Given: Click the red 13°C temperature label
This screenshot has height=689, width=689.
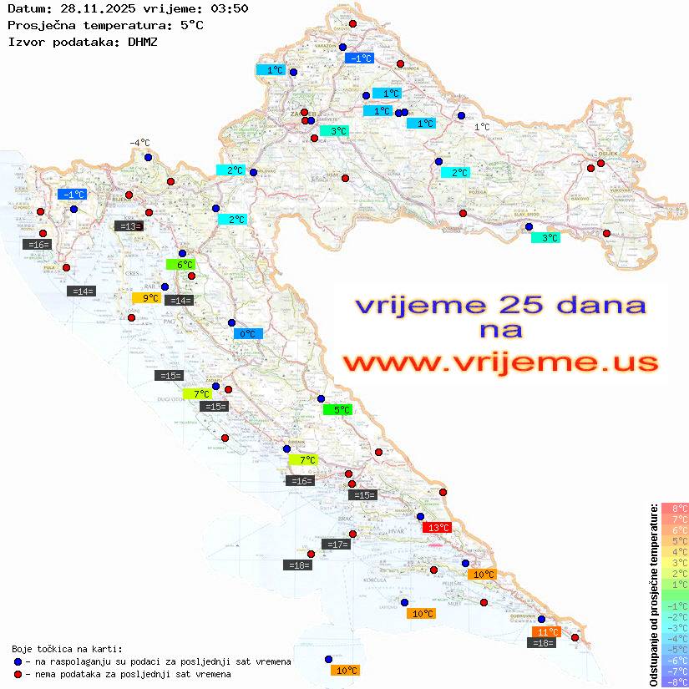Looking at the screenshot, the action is pyautogui.click(x=437, y=528).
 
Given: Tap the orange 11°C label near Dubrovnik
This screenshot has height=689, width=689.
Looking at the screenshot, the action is pyautogui.click(x=546, y=632).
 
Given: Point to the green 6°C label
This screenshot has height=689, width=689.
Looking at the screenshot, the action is pyautogui.click(x=180, y=265).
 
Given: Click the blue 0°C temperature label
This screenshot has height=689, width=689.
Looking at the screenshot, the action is pyautogui.click(x=248, y=334).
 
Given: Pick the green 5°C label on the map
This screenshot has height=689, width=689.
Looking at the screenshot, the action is pyautogui.click(x=337, y=410).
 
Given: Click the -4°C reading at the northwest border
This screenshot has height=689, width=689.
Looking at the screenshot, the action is pyautogui.click(x=139, y=143).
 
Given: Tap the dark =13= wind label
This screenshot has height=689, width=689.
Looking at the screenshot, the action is pyautogui.click(x=129, y=226).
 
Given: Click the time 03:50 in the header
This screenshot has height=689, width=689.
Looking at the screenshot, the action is pyautogui.click(x=231, y=8).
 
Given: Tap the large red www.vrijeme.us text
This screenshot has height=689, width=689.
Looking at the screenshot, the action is pyautogui.click(x=500, y=362).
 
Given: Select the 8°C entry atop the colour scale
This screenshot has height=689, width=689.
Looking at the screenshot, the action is pyautogui.click(x=675, y=509).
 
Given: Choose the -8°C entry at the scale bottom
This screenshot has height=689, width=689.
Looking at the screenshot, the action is pyautogui.click(x=675, y=682).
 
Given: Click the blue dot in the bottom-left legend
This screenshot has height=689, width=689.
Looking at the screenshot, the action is pyautogui.click(x=18, y=661).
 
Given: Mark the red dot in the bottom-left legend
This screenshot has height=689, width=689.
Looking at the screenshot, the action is pyautogui.click(x=18, y=674).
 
